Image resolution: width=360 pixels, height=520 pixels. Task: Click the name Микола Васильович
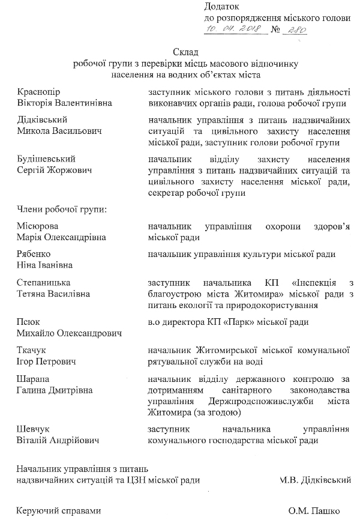[59, 131]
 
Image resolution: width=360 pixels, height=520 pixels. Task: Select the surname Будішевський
[47, 160]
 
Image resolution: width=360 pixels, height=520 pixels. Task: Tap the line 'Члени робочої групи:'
[62, 210]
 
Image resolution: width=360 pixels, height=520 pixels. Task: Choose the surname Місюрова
[39, 226]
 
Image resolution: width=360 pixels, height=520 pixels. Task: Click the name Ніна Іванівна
[45, 265]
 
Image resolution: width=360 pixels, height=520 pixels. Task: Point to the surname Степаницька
[44, 283]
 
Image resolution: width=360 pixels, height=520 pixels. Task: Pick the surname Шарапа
[35, 379]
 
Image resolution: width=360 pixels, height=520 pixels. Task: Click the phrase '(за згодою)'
[218, 413]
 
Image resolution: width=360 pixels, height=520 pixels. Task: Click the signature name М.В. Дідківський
[315, 480]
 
